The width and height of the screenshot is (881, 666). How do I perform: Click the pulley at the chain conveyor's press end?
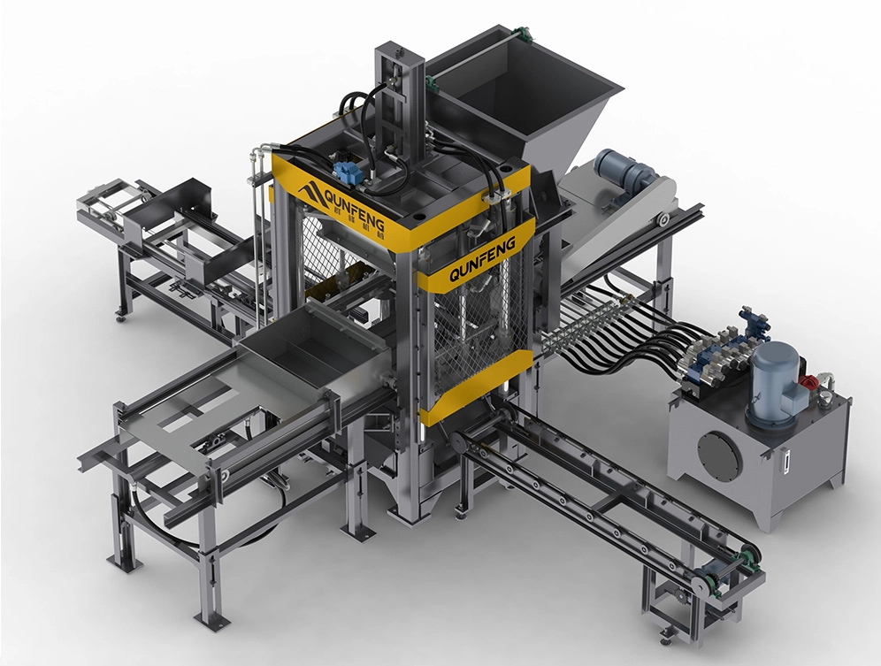456,443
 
